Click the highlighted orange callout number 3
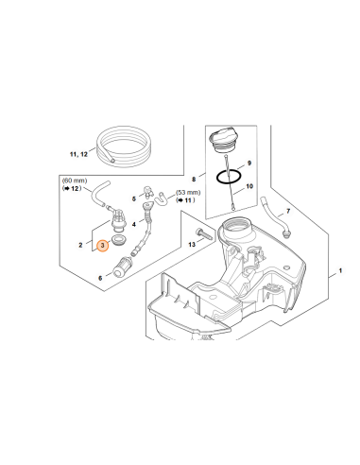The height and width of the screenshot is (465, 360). (103, 246)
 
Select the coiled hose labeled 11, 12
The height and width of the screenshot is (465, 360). (124, 146)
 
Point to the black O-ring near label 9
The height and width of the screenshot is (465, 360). (229, 177)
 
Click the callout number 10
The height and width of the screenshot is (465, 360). (249, 186)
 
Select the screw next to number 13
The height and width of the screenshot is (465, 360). (203, 234)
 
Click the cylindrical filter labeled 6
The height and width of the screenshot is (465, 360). (123, 267)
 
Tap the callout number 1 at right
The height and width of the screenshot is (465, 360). (340, 270)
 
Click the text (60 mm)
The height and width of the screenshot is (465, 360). (75, 181)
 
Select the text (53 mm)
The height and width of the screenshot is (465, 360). (188, 192)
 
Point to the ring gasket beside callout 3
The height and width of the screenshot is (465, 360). (119, 240)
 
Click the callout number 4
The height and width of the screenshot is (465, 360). (134, 224)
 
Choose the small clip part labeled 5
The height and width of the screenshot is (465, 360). (147, 191)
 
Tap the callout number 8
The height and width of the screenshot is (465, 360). (194, 179)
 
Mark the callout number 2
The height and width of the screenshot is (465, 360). (80, 245)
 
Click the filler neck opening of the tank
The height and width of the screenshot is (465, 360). (237, 226)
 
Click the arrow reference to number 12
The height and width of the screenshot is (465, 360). (72, 188)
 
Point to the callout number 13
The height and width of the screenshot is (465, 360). (192, 244)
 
